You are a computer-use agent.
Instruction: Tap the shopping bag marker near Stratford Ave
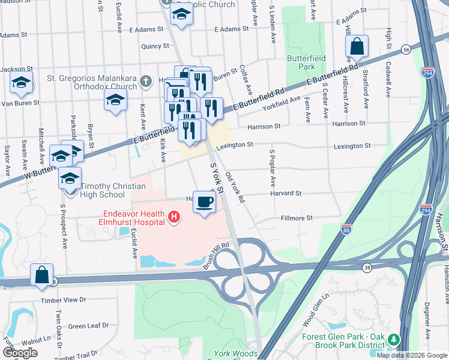(x=357, y=47)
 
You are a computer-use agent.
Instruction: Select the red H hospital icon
(x=174, y=217)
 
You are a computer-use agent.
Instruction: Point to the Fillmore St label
(x=297, y=218)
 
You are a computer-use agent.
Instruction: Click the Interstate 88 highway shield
(x=346, y=229)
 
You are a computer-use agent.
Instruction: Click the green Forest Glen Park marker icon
(x=394, y=340)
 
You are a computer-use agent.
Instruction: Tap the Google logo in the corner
(x=20, y=353)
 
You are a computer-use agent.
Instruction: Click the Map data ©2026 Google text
(x=412, y=355)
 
